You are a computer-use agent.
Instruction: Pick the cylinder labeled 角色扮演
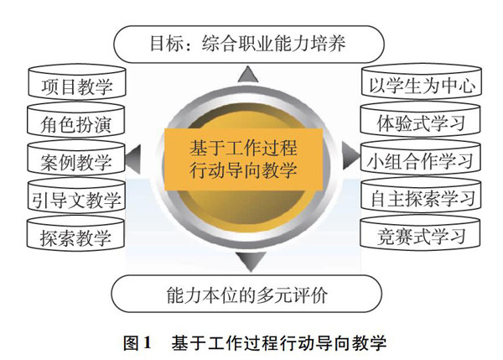pos(76,125)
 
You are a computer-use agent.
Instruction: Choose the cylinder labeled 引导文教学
pos(76,200)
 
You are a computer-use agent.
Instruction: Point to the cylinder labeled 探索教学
pos(76,237)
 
